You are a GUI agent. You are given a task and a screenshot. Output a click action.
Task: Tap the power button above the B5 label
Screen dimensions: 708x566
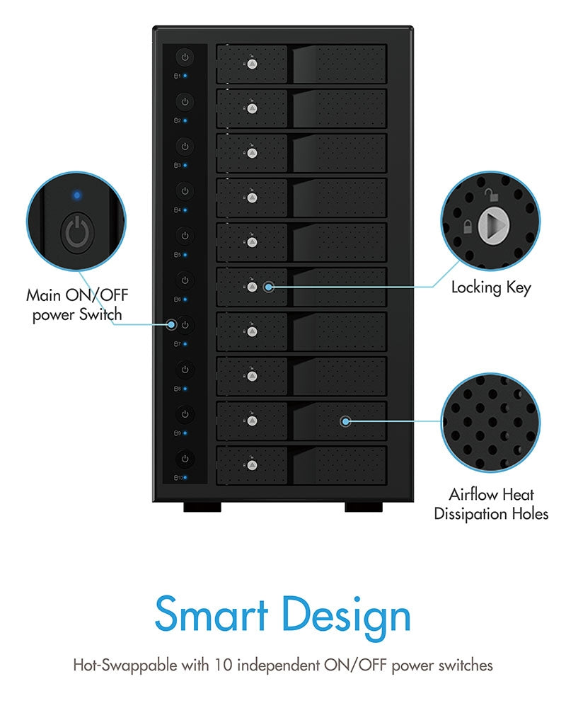pos(184,236)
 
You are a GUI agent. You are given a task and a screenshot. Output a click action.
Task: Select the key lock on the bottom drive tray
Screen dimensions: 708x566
pos(252,466)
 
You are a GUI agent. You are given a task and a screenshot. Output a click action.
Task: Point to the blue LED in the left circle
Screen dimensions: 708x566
pos(76,193)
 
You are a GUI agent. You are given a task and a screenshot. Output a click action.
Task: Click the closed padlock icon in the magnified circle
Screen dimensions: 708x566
pos(467,227)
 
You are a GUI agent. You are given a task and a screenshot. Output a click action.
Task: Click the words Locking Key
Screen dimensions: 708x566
pos(490,287)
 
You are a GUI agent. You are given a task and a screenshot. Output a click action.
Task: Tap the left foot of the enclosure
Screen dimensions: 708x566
pos(202,507)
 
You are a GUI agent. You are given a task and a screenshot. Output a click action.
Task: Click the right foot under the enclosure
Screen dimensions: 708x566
pos(364,507)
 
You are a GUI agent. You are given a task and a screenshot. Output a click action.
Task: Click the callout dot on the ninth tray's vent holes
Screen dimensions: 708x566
pos(345,421)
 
